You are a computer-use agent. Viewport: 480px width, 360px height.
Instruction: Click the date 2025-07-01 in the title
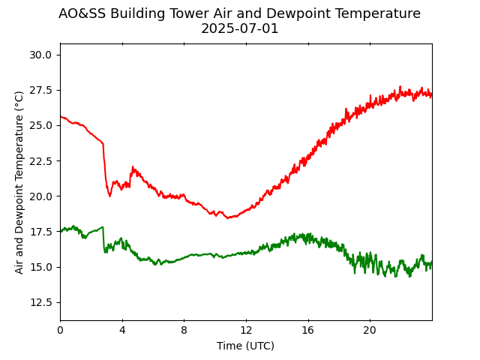pos(239,28)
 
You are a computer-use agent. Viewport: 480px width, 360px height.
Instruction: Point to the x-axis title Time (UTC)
pos(245,346)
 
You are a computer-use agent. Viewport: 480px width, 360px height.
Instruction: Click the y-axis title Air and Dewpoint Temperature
pos(19,182)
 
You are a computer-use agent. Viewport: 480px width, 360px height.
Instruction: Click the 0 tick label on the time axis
pos(60,331)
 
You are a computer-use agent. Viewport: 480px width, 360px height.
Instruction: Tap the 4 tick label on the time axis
pos(122,331)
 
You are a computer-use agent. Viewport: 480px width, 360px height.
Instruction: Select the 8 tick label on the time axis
pos(184,331)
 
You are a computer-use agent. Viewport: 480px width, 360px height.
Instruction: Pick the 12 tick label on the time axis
pos(246,331)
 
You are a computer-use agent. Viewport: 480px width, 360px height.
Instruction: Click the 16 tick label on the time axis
pos(307,331)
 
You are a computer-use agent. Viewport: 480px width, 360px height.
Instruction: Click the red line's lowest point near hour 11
pos(228,217)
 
